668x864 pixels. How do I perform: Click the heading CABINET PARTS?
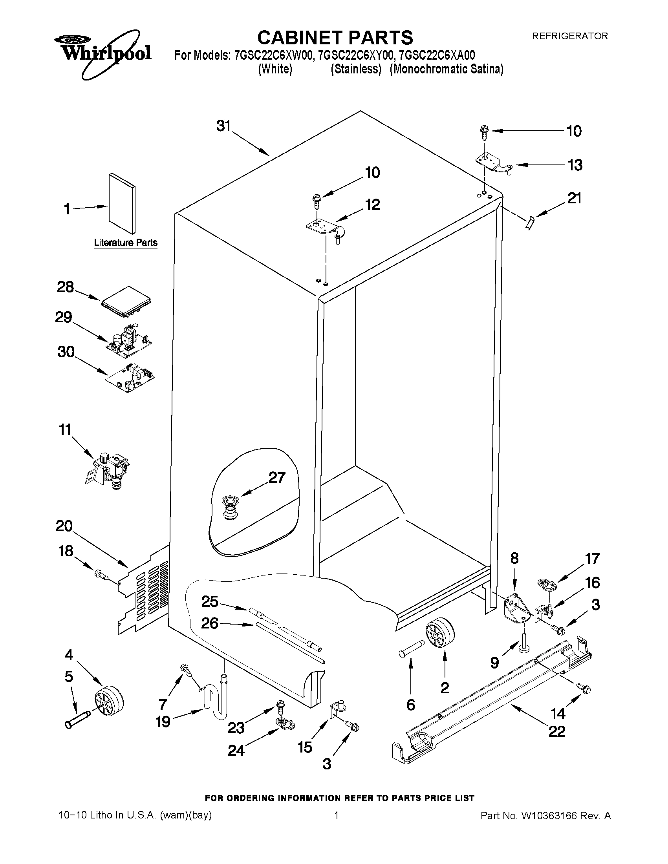335,38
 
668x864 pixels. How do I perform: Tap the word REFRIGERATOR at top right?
569,36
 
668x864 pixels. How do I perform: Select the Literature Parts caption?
125,243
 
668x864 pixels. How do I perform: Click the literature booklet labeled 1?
122,203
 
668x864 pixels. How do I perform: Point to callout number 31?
223,126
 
